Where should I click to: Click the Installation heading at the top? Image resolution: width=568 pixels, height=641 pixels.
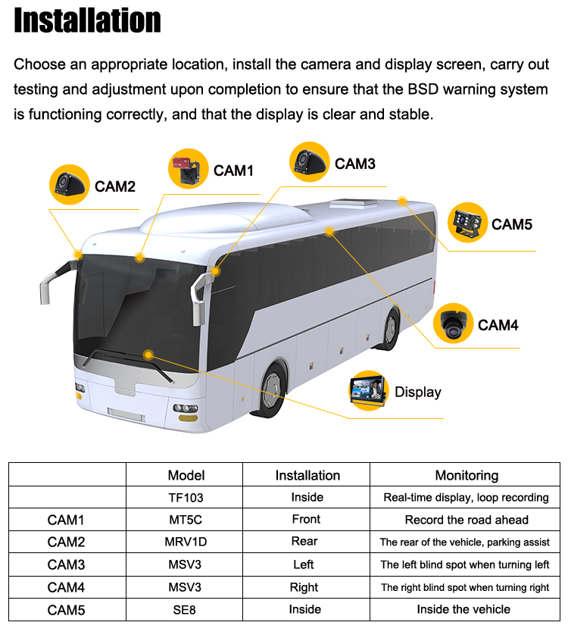point(87,20)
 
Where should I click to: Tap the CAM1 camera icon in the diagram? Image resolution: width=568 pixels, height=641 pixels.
point(188,169)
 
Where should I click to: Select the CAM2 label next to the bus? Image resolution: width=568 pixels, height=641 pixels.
point(115,186)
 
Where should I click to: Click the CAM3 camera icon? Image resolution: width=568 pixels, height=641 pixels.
point(309,162)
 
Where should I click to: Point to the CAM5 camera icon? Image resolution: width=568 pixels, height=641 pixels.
point(467,223)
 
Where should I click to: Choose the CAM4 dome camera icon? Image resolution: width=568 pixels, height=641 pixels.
point(453,324)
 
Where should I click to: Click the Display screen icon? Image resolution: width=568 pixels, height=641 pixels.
point(368,390)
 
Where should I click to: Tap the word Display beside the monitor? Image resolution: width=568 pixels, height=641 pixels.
point(417,392)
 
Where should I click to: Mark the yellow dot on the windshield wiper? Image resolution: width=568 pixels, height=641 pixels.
point(148,355)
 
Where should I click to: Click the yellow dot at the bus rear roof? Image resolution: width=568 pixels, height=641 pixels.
point(402,201)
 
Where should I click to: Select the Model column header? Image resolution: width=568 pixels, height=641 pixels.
point(186,475)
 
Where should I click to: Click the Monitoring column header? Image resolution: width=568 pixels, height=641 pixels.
point(467,475)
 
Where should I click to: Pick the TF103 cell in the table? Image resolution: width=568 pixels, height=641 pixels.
point(186,498)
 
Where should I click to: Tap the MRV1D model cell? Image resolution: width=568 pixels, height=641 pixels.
point(186,542)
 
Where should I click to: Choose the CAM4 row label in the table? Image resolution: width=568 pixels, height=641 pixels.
point(66,587)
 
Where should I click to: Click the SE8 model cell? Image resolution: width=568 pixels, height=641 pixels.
point(184,610)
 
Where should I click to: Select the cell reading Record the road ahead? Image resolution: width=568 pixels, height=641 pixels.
point(467,520)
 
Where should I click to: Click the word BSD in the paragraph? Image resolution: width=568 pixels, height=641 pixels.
point(423,89)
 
